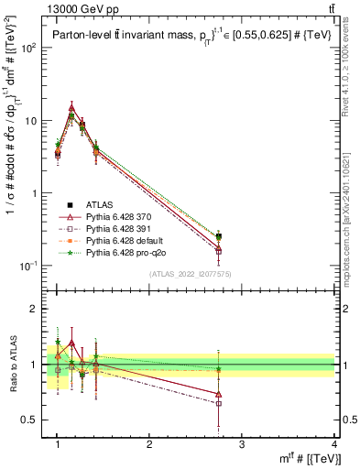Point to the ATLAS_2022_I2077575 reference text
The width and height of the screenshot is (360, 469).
pyautogui.click(x=190, y=274)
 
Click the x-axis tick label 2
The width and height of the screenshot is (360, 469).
pyautogui.click(x=149, y=444)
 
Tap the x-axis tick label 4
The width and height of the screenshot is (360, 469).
pyautogui.click(x=334, y=444)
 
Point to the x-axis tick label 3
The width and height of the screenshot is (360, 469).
pyautogui.click(x=242, y=444)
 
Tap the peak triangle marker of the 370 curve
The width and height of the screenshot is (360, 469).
pyautogui.click(x=71, y=107)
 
